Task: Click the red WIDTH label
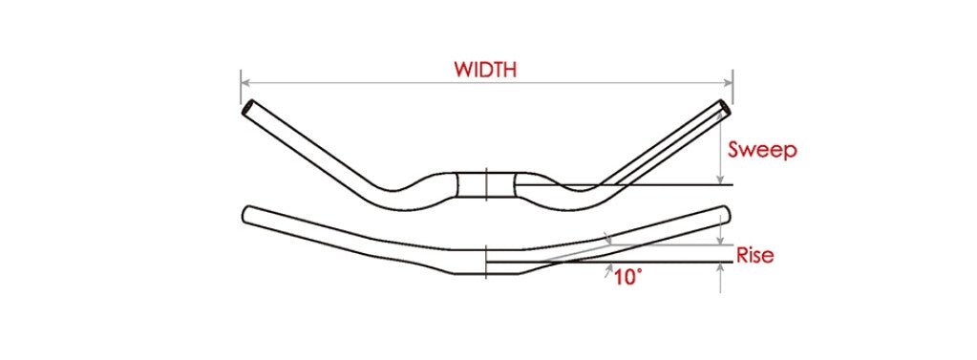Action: coord(485,70)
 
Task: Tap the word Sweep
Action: coord(761,150)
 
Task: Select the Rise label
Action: coord(754,255)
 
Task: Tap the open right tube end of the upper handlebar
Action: coord(725,107)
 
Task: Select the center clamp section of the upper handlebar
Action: coord(486,184)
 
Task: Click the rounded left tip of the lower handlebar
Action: coord(248,213)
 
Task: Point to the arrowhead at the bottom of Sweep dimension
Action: coord(720,180)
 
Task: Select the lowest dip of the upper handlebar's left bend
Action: coord(393,194)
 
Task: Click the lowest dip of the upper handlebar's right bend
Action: coord(581,194)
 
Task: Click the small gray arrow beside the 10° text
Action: coord(608,272)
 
